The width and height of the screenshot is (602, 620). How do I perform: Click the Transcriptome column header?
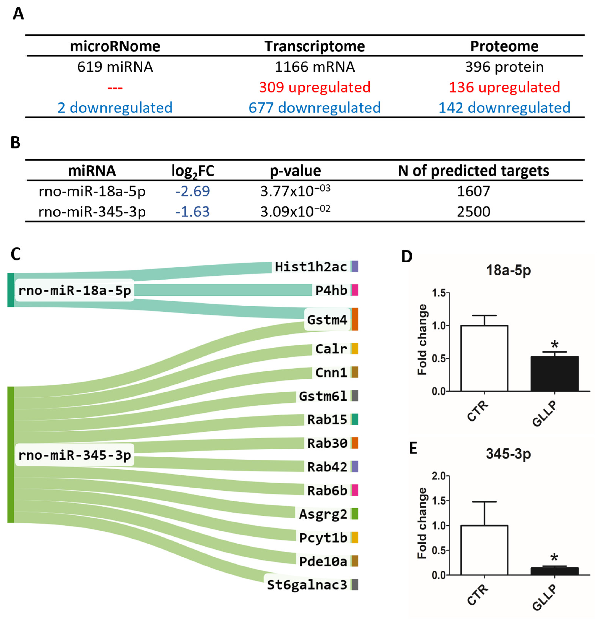point(315,46)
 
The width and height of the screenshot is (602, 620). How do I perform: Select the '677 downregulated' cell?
point(315,108)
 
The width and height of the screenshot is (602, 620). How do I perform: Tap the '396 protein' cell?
point(504,67)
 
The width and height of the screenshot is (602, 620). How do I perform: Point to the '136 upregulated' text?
point(504,87)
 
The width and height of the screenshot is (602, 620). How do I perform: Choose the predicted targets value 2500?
point(473,211)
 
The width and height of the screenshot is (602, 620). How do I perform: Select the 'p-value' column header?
point(295,171)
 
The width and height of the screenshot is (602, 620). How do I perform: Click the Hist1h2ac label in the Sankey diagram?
point(311,267)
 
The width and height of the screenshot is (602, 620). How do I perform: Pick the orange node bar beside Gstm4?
point(355,319)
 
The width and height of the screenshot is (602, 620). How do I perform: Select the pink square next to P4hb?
point(355,290)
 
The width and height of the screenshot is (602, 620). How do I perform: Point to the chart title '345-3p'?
point(508,454)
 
